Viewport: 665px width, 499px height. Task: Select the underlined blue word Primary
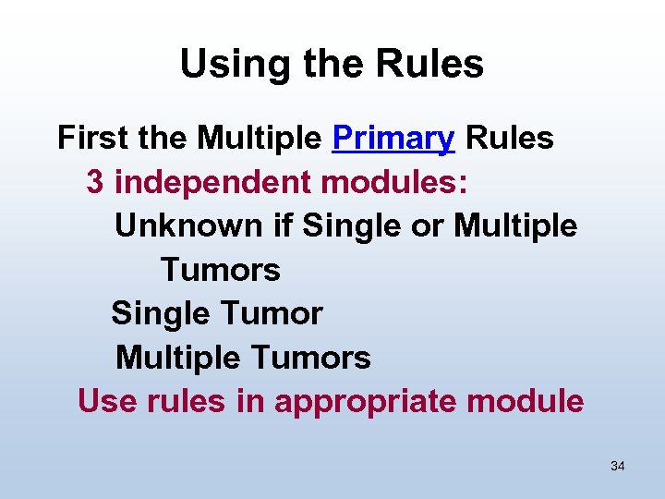tap(393, 139)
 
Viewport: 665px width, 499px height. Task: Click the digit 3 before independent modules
tap(95, 182)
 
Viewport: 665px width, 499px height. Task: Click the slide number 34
tap(618, 467)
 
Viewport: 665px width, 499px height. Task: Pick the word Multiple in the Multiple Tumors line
tap(175, 358)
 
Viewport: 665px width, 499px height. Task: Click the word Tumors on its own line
tap(220, 270)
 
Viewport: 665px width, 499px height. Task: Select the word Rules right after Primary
tap(510, 139)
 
